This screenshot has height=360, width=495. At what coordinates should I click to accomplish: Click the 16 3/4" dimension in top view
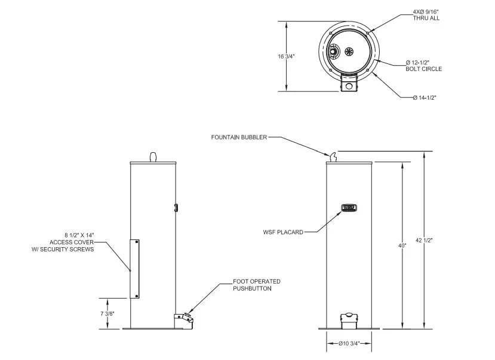click(286, 56)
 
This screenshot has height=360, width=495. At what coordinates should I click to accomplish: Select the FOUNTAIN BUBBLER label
click(239, 137)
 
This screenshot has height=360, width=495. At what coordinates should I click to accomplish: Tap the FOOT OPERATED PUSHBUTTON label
click(257, 285)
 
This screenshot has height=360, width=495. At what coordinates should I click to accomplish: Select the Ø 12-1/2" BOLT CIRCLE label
click(423, 66)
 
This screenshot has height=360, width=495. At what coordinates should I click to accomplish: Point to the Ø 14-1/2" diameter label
click(425, 97)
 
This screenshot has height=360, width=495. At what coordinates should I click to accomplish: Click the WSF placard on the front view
click(349, 208)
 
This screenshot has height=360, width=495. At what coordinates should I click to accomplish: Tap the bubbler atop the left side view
click(153, 156)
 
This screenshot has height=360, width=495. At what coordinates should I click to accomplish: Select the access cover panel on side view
click(135, 268)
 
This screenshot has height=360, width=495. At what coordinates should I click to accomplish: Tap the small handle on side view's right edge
click(176, 207)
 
